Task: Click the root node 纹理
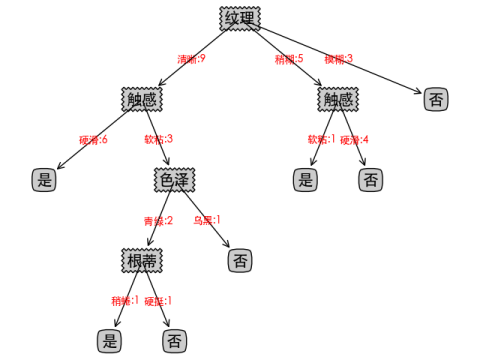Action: [x=240, y=19]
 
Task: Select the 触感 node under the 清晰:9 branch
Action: [x=141, y=99]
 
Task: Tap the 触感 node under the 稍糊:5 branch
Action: [x=338, y=99]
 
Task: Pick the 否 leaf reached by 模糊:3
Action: [x=435, y=99]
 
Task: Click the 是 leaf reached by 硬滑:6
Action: [x=43, y=180]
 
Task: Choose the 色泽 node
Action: [x=173, y=180]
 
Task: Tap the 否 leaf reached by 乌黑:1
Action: [x=239, y=260]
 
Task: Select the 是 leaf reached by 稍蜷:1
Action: [x=109, y=341]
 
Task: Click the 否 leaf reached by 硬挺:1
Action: [x=174, y=341]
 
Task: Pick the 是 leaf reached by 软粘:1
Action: [x=306, y=180]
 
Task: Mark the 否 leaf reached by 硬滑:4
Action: [x=370, y=180]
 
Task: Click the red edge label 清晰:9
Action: [x=191, y=59]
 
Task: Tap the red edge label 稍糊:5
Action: [x=289, y=59]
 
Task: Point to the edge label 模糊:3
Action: [x=338, y=59]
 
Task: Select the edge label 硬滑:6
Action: [x=93, y=139]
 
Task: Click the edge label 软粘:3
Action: [x=159, y=139]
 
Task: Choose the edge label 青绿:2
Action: [x=158, y=220]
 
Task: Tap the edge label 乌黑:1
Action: [x=207, y=220]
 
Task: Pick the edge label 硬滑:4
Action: [x=355, y=139]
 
